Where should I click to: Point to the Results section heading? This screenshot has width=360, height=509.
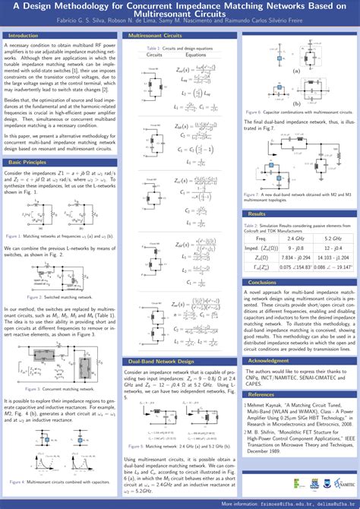tap(257, 214)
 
